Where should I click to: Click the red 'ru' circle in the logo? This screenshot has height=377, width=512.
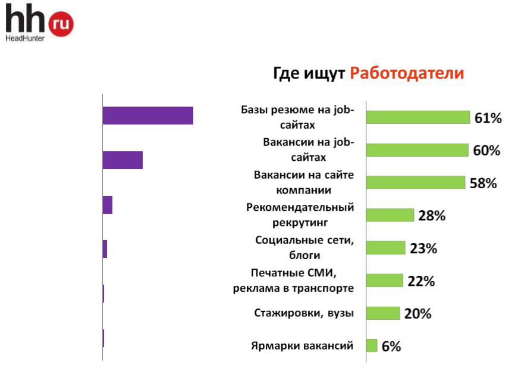click(x=61, y=24)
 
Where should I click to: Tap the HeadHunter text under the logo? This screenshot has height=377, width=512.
click(x=25, y=38)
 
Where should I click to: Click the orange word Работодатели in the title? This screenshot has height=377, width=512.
click(x=407, y=73)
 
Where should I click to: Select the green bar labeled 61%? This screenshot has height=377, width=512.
click(x=418, y=117)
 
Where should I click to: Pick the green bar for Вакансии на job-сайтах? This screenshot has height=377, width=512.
click(x=417, y=150)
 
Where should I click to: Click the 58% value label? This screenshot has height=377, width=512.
click(x=483, y=183)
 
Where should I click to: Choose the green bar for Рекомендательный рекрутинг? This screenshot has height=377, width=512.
click(x=390, y=215)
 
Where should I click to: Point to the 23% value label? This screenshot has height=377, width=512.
click(x=423, y=248)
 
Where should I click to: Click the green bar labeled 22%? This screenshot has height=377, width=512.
click(x=385, y=281)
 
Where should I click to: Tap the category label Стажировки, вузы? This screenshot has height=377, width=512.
click(x=304, y=313)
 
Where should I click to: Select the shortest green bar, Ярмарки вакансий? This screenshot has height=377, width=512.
click(x=372, y=345)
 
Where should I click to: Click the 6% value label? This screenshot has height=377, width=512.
click(x=391, y=346)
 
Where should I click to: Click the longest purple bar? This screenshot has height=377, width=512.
click(x=148, y=116)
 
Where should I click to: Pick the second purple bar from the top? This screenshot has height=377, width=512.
click(x=122, y=160)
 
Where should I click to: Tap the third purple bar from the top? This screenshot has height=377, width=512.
click(x=108, y=205)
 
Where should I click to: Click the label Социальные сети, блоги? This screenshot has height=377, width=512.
click(x=304, y=248)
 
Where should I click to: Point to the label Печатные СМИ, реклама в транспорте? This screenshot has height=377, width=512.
click(x=293, y=280)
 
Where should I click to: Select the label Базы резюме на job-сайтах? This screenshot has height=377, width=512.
click(x=297, y=117)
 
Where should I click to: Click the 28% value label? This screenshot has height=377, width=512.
click(x=432, y=216)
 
